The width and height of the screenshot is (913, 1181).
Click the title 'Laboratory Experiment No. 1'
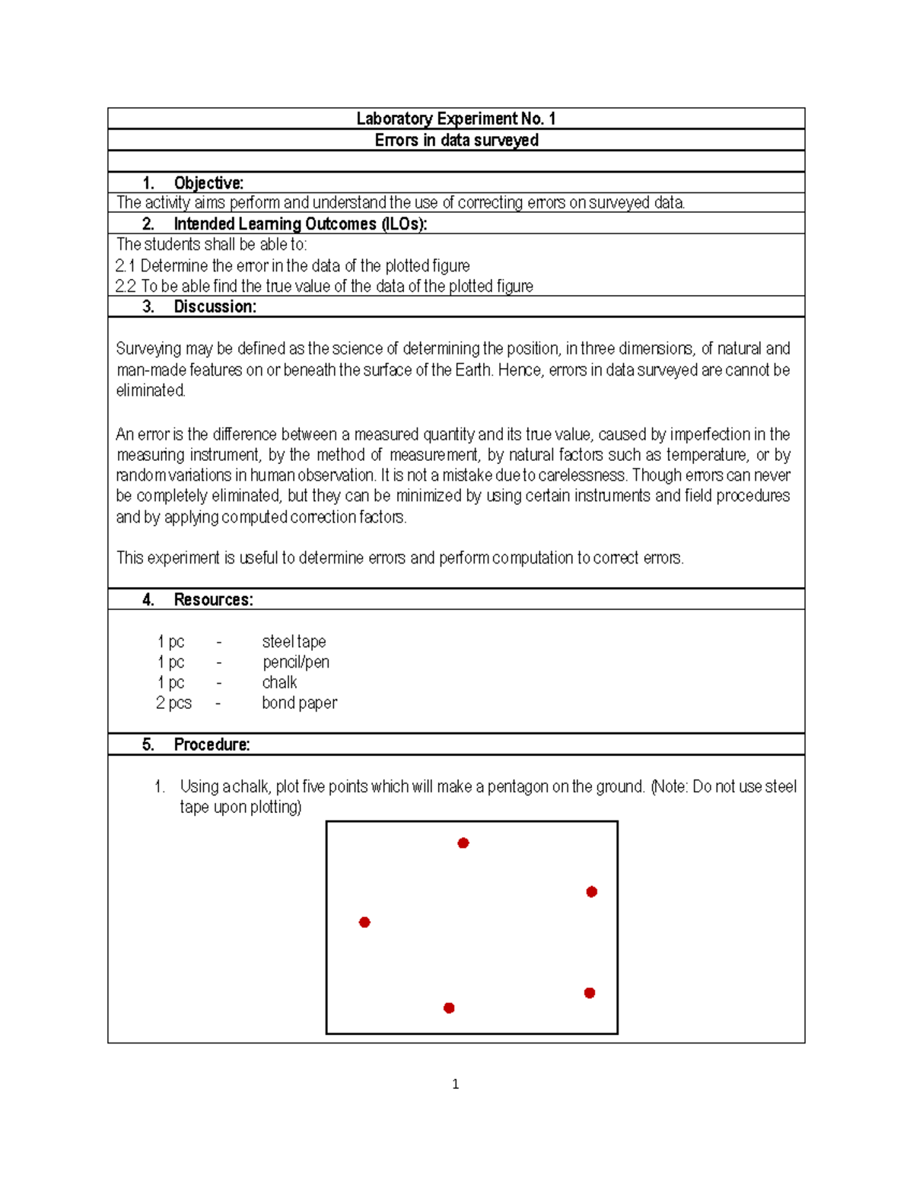(x=456, y=119)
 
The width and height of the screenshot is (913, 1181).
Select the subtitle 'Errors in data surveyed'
(x=456, y=140)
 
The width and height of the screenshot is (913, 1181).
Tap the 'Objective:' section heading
(x=208, y=183)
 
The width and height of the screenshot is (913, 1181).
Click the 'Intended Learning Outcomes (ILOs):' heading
(x=300, y=224)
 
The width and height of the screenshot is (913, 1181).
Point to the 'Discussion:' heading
(x=215, y=306)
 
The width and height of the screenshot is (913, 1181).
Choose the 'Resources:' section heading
(x=213, y=599)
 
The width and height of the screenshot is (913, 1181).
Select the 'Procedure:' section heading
(x=212, y=744)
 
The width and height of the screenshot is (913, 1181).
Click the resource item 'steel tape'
(x=294, y=642)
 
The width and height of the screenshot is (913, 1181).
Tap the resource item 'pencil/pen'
(x=296, y=662)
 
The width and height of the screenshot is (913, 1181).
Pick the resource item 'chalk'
(x=279, y=683)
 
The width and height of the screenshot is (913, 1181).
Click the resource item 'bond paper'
(x=299, y=703)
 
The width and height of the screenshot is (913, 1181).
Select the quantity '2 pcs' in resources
(x=173, y=703)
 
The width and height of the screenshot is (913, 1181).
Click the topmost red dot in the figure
(x=463, y=843)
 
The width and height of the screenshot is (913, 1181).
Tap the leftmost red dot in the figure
(x=364, y=922)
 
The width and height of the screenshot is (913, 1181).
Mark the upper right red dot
(x=592, y=892)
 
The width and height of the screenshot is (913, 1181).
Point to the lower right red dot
(x=590, y=993)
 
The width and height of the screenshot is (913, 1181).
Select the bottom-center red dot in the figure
(x=449, y=1008)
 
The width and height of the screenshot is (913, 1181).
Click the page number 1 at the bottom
(x=455, y=1084)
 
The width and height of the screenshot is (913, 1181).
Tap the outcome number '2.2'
(x=126, y=287)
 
